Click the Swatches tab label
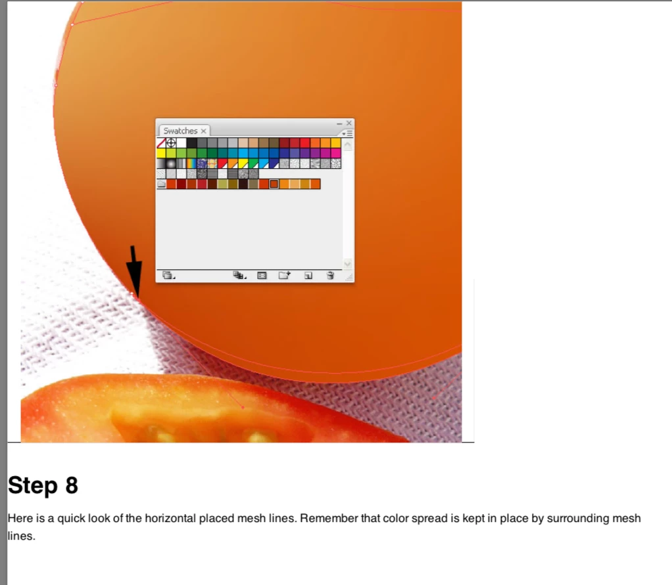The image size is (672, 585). click(x=180, y=131)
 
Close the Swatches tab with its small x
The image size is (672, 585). click(x=204, y=131)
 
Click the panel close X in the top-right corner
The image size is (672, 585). click(x=349, y=123)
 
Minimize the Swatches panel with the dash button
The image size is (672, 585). click(x=339, y=123)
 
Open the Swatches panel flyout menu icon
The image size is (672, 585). click(x=347, y=133)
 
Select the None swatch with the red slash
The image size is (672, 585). click(x=161, y=143)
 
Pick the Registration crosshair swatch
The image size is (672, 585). click(x=171, y=143)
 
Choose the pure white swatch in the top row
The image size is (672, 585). click(x=181, y=143)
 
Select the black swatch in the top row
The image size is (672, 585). click(x=191, y=143)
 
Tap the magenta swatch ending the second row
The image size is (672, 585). click(x=336, y=153)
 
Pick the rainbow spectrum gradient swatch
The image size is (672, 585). click(x=191, y=163)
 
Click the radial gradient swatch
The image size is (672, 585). click(x=171, y=163)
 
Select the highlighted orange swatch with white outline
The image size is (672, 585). click(x=274, y=184)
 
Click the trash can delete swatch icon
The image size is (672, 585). click(x=330, y=275)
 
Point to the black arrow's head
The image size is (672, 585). click(x=135, y=295)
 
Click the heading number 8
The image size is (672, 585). click(x=72, y=485)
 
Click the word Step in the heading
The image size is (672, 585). click(x=33, y=486)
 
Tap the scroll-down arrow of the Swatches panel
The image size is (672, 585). click(x=348, y=264)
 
